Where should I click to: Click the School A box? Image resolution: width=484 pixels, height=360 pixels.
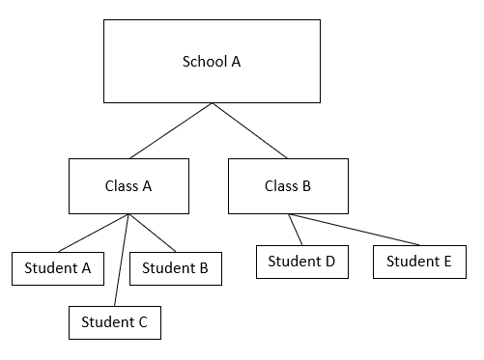pos(212,61)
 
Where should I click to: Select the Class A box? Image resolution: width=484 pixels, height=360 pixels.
pos(128,186)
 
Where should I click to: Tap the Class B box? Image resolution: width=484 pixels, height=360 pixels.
pos(287,186)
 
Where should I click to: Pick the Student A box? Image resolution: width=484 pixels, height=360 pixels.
pos(57,268)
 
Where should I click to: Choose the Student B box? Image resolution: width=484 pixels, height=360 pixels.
pos(175,268)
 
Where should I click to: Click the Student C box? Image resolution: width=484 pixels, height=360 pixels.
pos(114,322)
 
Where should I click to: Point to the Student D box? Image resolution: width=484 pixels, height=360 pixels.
pos(301,262)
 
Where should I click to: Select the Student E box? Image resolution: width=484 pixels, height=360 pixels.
pos(419,262)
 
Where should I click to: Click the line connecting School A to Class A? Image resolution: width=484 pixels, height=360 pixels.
pos(171,130)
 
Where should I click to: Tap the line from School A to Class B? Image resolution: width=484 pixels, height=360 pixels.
pos(250,130)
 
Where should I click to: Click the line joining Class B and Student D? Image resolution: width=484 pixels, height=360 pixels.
pos(297,230)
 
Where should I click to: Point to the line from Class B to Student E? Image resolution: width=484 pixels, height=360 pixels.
pos(355,230)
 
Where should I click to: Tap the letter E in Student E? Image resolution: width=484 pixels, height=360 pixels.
pos(447,262)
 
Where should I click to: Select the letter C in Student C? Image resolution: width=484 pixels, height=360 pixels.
pos(142,322)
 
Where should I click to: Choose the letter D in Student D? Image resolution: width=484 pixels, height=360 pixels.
pos(328,262)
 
